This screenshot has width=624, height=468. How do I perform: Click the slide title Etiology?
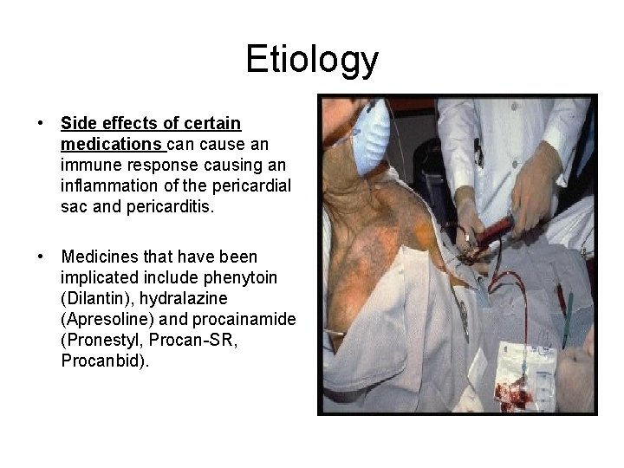tap(312, 59)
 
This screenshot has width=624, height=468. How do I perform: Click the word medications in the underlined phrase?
tap(112, 144)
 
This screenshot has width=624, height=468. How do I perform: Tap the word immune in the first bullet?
tap(87, 164)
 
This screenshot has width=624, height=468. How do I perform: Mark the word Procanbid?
tap(104, 361)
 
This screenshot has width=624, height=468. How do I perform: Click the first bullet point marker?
tap(41, 124)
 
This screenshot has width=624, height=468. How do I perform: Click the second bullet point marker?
tap(41, 257)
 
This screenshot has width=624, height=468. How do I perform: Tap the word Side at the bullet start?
tap(76, 124)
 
